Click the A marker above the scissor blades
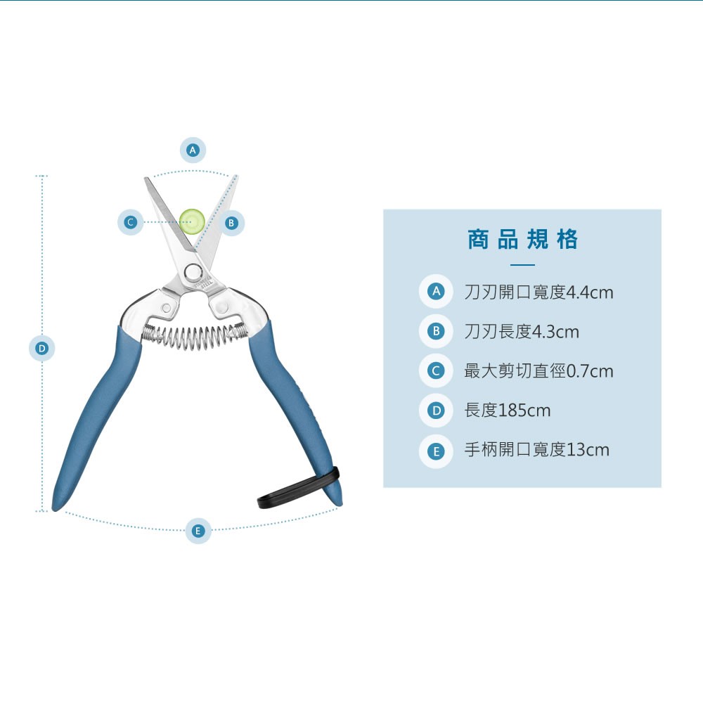click(x=193, y=150)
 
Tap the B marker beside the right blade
click(x=231, y=224)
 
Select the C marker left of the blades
click(x=130, y=223)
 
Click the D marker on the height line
click(x=42, y=348)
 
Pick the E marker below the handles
click(x=198, y=531)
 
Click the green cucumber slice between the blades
click(x=191, y=221)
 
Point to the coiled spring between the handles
click(x=193, y=335)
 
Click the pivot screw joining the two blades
click(x=192, y=273)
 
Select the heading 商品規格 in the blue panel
click(x=522, y=240)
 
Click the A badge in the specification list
click(x=436, y=292)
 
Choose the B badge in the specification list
click(x=436, y=331)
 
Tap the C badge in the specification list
click(x=436, y=370)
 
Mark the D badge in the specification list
click(x=436, y=410)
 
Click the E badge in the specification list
click(x=436, y=450)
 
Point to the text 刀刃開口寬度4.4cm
click(x=538, y=292)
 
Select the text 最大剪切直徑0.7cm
click(x=538, y=370)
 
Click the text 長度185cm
click(x=507, y=410)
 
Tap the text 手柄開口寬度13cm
click(x=536, y=450)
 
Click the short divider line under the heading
click(x=522, y=265)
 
